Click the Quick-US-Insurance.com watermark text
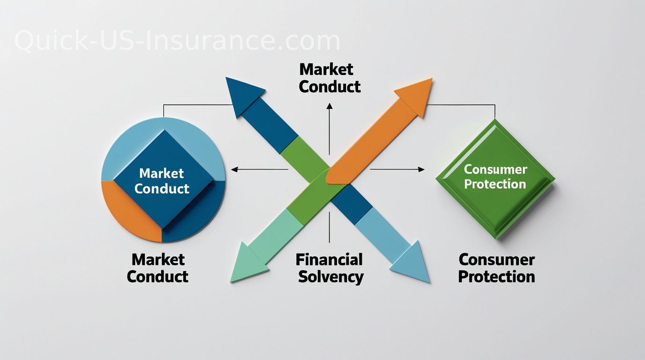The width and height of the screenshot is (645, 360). tap(177, 41)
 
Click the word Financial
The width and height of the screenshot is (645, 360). tap(329, 260)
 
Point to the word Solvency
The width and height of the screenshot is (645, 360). tap(330, 277)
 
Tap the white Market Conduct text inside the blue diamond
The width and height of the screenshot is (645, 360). tap(162, 181)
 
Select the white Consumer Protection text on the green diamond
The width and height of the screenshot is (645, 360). tap(495, 176)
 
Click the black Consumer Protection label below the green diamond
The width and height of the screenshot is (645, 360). tap(496, 268)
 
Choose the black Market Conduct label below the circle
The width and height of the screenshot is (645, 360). tap(157, 268)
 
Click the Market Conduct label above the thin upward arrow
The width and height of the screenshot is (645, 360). tap(330, 78)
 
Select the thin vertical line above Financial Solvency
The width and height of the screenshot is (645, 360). tap(330, 227)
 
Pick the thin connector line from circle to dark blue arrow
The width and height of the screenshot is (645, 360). tap(197, 105)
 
